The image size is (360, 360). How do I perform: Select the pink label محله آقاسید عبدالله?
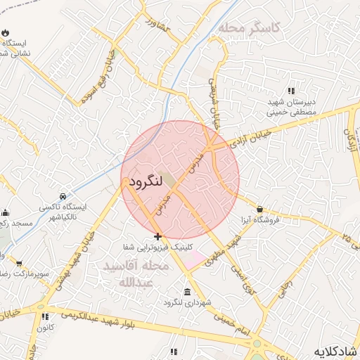pyautogui.click(x=136, y=275)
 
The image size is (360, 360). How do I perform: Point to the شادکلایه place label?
pyautogui.click(x=333, y=350)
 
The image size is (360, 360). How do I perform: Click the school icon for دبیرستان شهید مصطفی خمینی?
pyautogui.click(x=291, y=91)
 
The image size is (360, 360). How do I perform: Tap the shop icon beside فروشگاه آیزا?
pyautogui.click(x=260, y=209)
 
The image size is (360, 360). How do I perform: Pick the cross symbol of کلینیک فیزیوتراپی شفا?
pyautogui.click(x=157, y=236)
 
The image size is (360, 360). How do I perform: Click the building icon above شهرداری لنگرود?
pyautogui.click(x=186, y=292)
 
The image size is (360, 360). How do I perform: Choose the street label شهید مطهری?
pyautogui.click(x=224, y=250)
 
